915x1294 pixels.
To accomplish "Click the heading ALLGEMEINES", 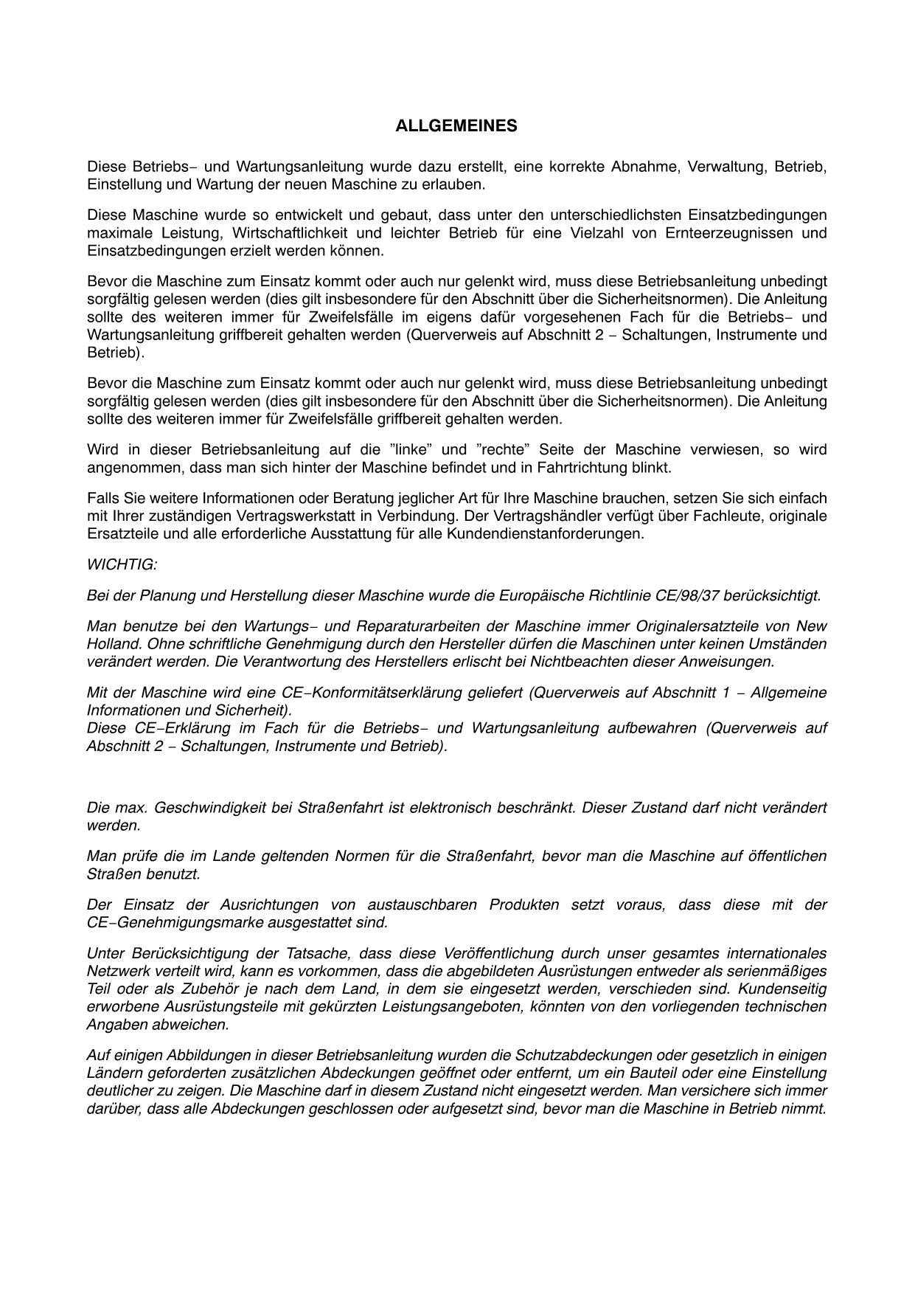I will [x=456, y=126].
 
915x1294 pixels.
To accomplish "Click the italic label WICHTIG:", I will [x=122, y=564].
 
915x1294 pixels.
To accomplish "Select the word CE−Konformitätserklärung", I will [x=403, y=693].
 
